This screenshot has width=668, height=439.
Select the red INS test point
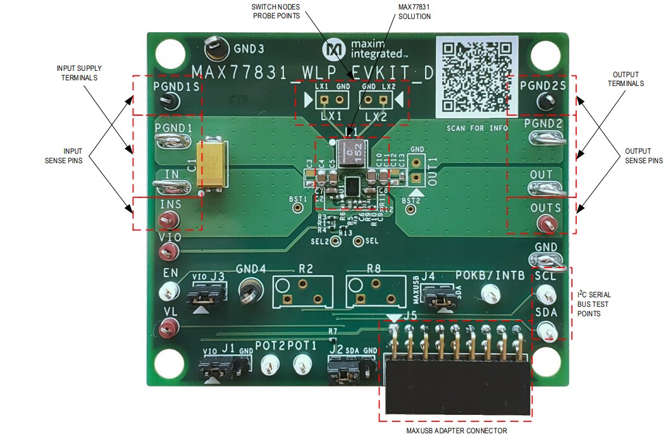(x=168, y=220)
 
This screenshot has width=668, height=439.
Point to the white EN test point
(x=169, y=290)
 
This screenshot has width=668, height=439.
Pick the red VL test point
(x=169, y=327)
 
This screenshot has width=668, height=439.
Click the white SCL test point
(x=546, y=293)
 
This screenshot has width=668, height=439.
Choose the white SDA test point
(x=547, y=330)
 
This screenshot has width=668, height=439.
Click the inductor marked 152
(x=349, y=152)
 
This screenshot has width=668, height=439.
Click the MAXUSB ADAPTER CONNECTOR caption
(x=457, y=431)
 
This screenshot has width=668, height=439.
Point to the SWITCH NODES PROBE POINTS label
(x=276, y=11)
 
